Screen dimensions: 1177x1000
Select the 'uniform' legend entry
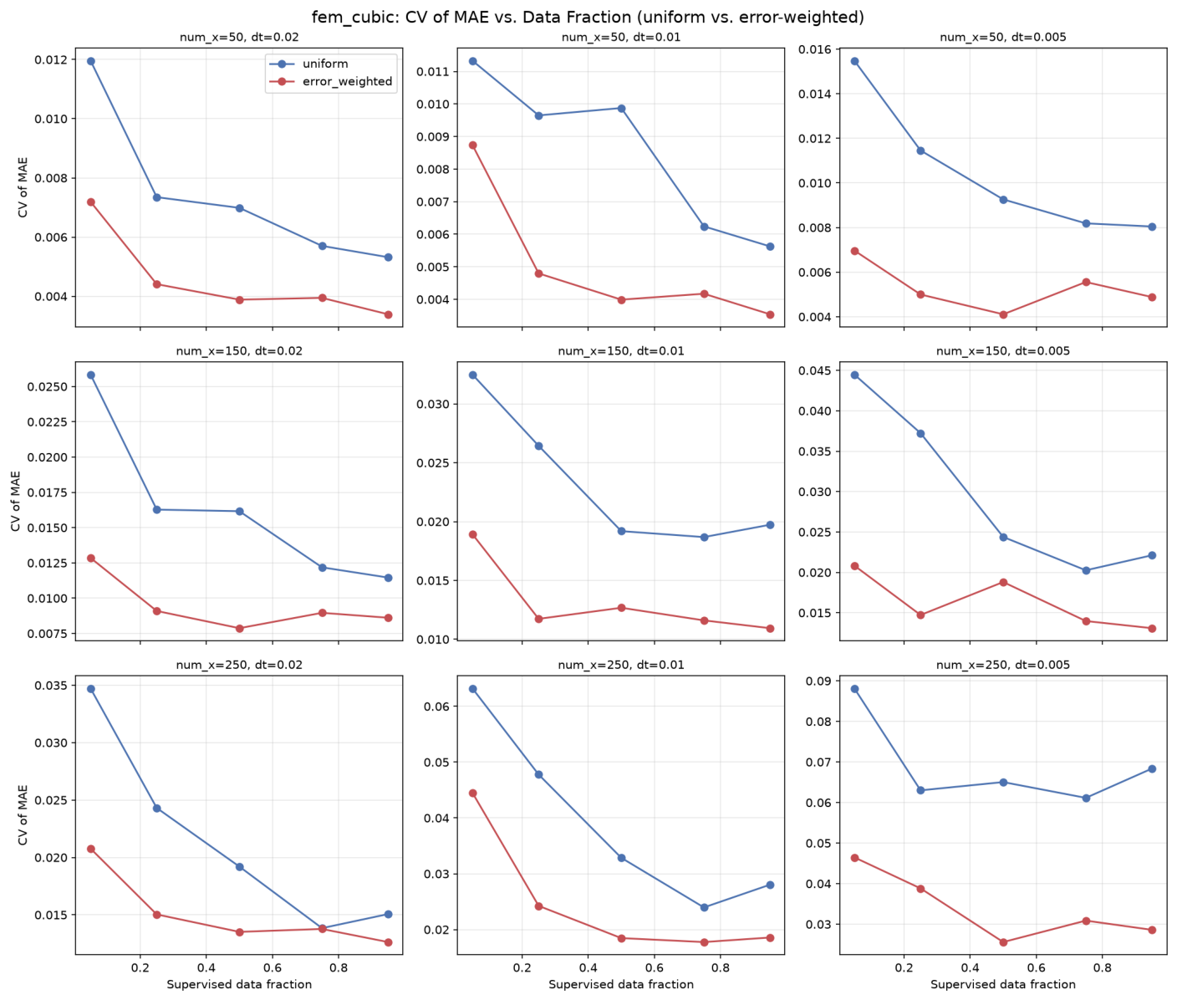click(x=324, y=64)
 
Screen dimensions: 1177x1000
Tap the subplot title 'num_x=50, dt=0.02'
click(x=239, y=37)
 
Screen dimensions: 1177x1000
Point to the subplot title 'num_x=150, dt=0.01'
click(x=620, y=351)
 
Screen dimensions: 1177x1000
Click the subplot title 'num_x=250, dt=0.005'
click(x=1003, y=665)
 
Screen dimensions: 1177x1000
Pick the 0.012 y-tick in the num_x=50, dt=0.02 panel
click(x=50, y=60)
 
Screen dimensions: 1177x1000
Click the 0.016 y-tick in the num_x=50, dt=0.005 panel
click(x=814, y=49)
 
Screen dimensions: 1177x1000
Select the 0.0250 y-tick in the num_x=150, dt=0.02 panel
click(x=47, y=386)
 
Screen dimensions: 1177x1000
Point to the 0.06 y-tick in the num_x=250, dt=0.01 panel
click(x=436, y=707)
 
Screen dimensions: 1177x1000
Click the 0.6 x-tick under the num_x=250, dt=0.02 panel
click(x=273, y=967)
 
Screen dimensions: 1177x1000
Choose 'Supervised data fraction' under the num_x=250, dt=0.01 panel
click(x=620, y=984)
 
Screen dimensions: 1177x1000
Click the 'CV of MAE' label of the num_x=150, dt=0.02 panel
click(x=15, y=501)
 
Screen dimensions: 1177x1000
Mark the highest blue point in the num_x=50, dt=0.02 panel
click(x=90, y=61)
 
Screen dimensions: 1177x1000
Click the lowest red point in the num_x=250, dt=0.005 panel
click(x=1003, y=942)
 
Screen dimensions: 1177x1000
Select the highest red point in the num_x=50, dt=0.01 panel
click(x=472, y=145)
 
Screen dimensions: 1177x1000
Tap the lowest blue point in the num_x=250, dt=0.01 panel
click(x=705, y=907)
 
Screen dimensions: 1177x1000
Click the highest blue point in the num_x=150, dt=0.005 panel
click(x=854, y=375)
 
